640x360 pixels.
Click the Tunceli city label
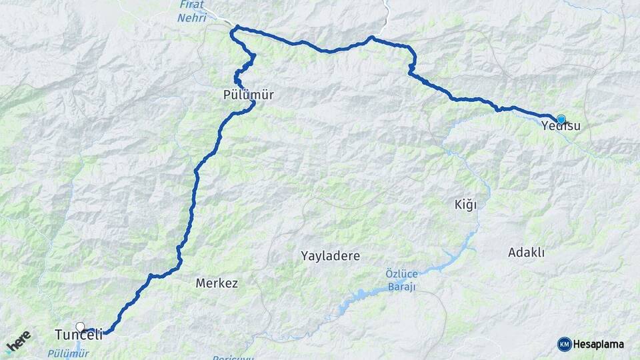(78, 335)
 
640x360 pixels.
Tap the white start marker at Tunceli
(81, 327)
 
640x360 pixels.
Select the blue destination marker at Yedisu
(561, 119)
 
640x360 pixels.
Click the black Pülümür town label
(249, 95)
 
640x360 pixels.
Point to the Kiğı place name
(465, 204)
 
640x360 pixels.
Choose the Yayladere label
(330, 255)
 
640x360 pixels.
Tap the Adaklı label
(527, 252)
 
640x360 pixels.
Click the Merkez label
(217, 283)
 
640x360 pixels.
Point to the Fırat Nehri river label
(193, 12)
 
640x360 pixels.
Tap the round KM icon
(564, 344)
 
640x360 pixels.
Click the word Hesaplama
(598, 344)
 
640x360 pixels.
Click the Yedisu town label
(557, 126)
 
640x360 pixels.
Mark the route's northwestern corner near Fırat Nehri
(235, 28)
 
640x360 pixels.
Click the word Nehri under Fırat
(192, 18)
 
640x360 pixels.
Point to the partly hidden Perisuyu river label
(233, 357)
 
